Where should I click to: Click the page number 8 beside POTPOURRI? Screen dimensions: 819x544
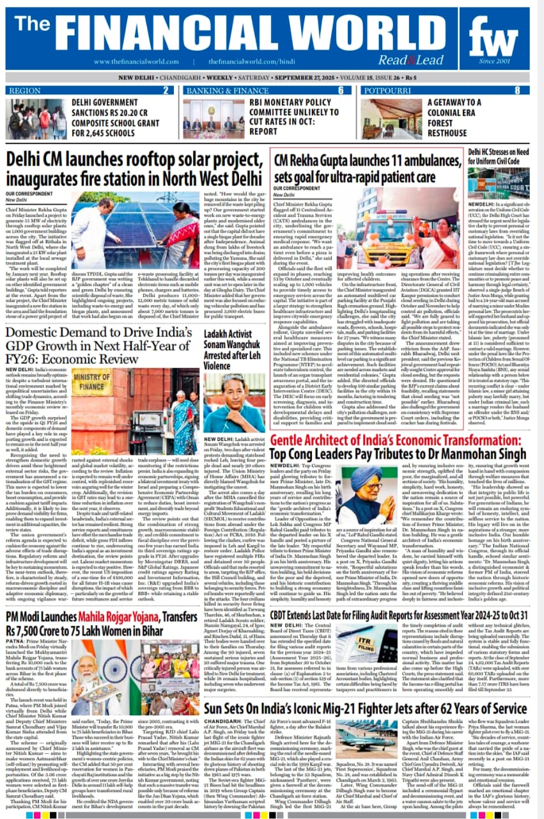coord(534,90)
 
